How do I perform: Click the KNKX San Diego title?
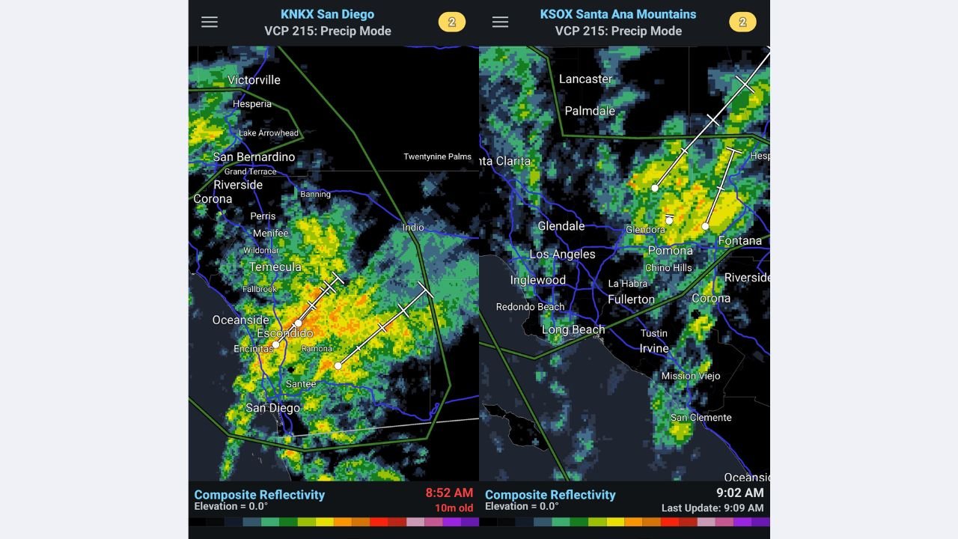pos(327,14)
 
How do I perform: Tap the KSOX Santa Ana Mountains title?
pos(617,14)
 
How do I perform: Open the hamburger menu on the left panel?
pos(210,22)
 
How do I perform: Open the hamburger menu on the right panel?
pos(500,22)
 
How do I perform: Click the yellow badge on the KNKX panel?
pos(451,22)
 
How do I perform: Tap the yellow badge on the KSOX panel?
pos(742,22)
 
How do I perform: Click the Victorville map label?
pos(254,80)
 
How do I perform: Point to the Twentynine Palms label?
pos(437,156)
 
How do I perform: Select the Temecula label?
pos(275,267)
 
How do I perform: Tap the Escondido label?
pos(284,333)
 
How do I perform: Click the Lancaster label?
pos(585,79)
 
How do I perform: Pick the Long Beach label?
pos(573,330)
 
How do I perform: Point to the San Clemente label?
pos(701,418)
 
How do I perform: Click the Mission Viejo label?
pos(690,376)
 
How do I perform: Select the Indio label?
pos(412,228)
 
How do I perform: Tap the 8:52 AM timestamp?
pos(449,493)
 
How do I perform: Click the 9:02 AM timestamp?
pos(739,493)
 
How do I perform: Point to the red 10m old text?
pos(454,508)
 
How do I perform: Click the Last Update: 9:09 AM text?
pos(712,508)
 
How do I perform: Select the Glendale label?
pos(561,226)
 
